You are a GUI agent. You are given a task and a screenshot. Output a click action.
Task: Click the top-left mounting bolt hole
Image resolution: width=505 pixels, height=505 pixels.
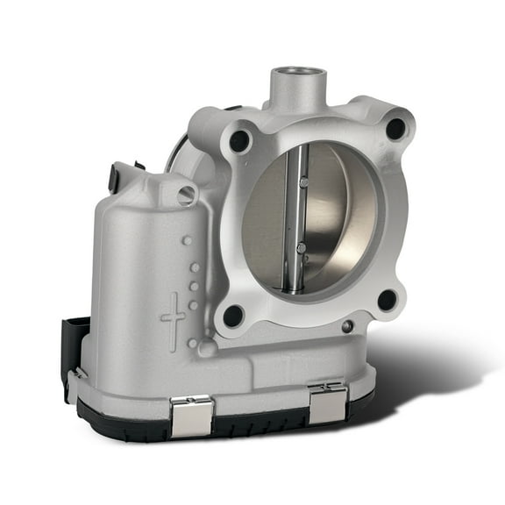(239, 141)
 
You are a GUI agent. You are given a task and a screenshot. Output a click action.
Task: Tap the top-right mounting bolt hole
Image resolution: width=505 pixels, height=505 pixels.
(395, 129)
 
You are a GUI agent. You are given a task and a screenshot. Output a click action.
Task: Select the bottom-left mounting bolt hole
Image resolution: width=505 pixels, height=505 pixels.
(233, 315)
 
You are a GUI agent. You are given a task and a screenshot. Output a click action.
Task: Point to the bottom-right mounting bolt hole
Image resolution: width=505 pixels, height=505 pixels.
(386, 300)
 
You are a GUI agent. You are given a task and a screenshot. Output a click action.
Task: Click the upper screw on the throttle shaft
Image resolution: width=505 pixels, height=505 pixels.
(302, 182)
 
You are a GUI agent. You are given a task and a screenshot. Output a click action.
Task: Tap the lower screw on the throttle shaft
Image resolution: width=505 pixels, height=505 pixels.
(301, 248)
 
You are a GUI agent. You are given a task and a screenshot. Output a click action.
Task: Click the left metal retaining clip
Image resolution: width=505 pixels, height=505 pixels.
(191, 414)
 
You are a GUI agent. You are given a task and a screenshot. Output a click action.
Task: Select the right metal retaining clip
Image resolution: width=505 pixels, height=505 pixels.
(327, 402)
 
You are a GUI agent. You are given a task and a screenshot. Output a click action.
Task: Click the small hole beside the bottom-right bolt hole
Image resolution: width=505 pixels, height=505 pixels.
(348, 326)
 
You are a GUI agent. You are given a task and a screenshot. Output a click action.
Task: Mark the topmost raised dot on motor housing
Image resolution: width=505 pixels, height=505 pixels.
(187, 239)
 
